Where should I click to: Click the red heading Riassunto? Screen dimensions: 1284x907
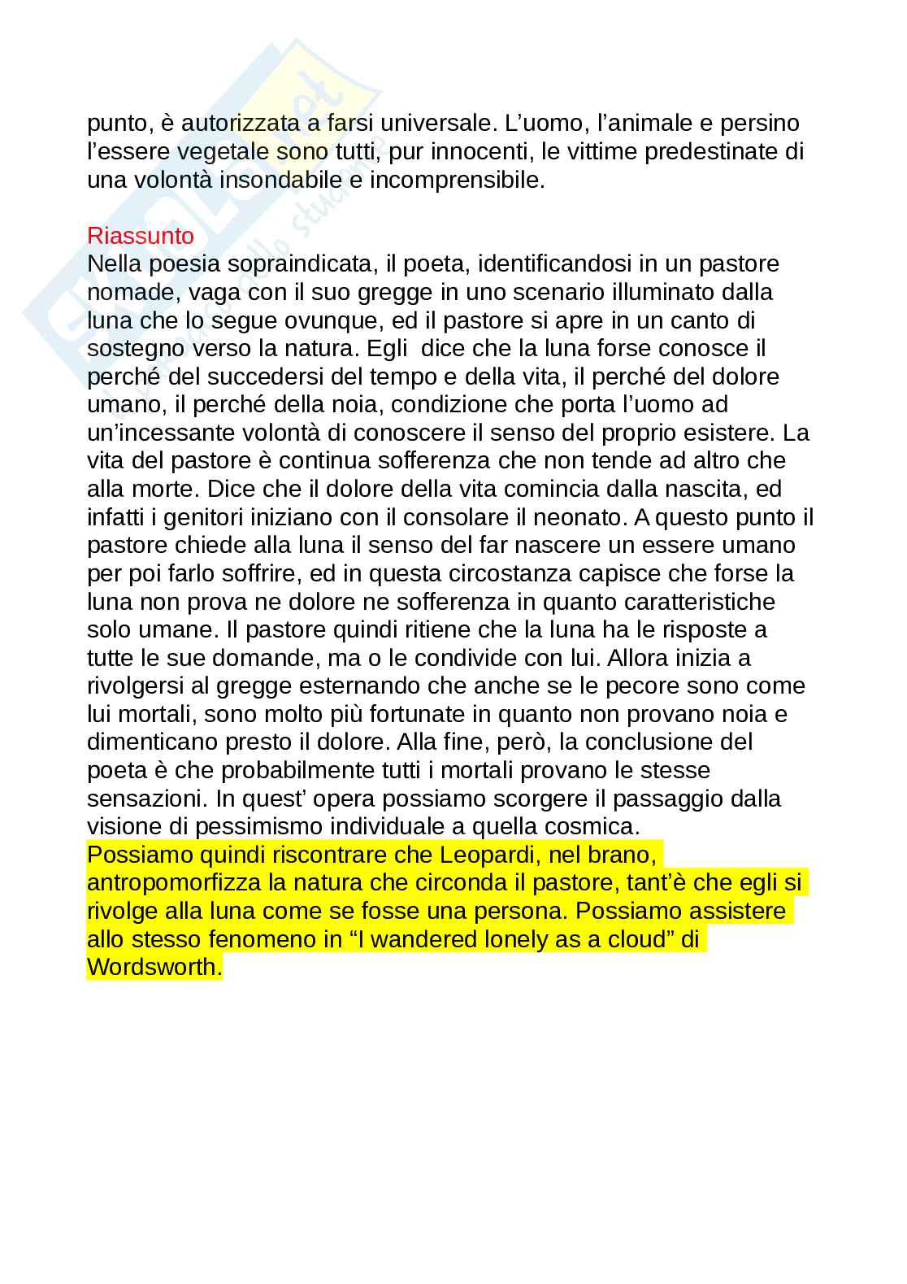tap(141, 236)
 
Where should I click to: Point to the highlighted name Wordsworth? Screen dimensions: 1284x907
tap(153, 968)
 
